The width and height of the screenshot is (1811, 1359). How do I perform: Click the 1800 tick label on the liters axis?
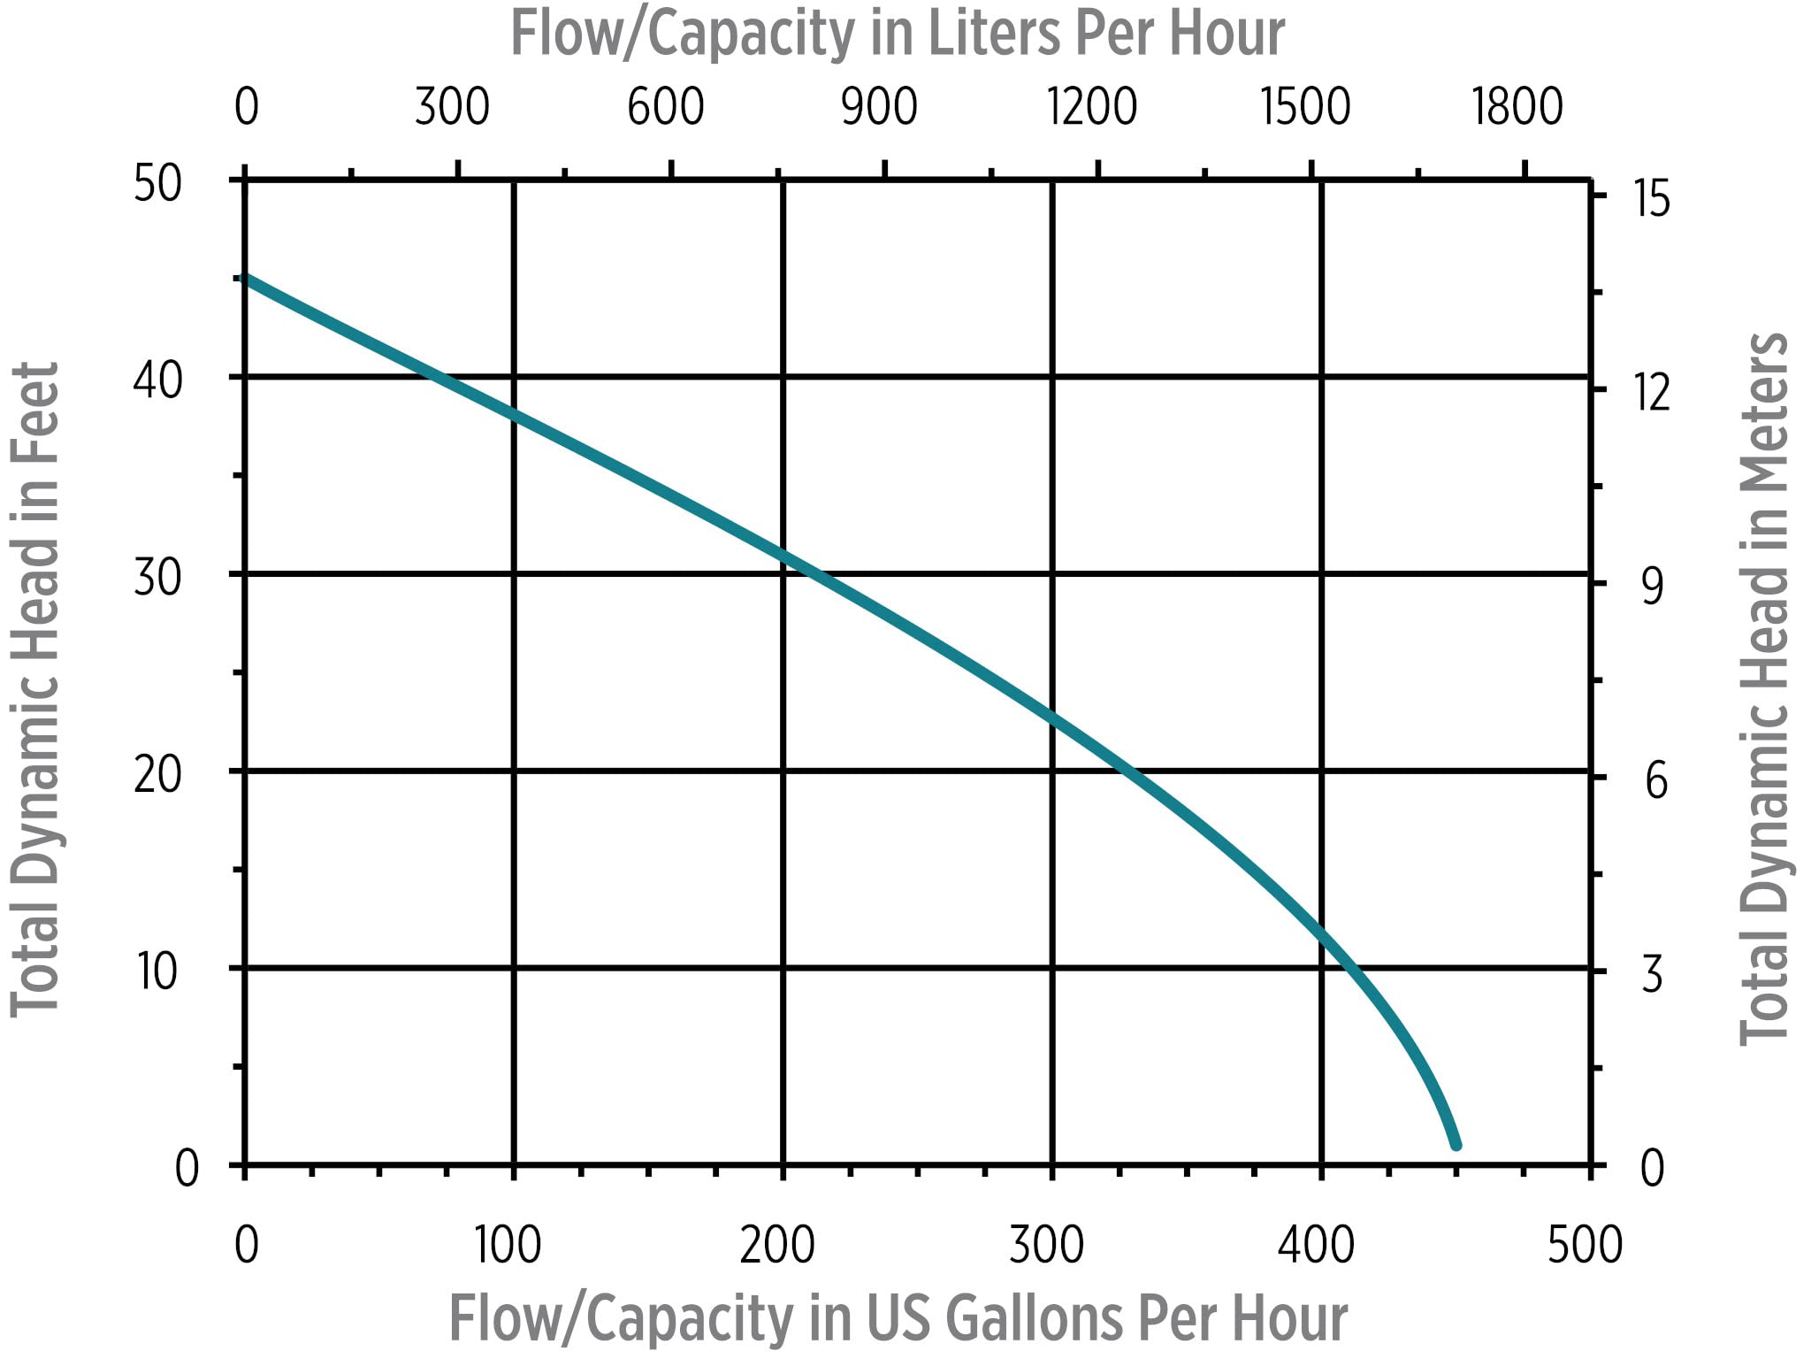(1517, 107)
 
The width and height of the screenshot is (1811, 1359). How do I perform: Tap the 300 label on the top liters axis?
(452, 107)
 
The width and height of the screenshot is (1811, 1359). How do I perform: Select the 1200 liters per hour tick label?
(1092, 107)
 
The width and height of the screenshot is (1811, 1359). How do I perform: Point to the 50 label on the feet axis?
(157, 184)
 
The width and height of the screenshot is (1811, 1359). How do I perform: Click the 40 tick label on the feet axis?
(157, 380)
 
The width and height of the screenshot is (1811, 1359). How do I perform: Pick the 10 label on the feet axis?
(157, 971)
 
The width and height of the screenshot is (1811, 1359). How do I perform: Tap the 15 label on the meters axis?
(1652, 198)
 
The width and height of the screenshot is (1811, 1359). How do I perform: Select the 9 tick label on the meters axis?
(1652, 586)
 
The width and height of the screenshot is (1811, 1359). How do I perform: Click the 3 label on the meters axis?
(1652, 974)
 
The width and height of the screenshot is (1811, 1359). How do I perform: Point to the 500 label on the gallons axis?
(1585, 1245)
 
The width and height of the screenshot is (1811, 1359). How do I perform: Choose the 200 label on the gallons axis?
(777, 1245)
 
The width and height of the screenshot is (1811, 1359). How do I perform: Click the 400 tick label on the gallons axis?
(1316, 1245)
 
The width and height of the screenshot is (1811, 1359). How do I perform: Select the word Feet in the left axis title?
(35, 411)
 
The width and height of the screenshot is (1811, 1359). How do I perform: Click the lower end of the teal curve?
(1456, 1145)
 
